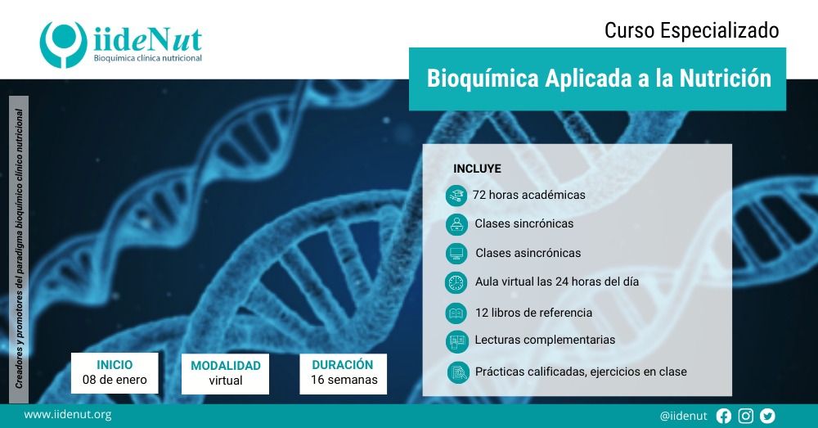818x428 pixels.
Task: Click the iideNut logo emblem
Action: tap(64, 44)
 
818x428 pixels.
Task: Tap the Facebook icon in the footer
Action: tap(724, 416)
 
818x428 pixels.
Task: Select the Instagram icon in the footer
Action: tap(745, 416)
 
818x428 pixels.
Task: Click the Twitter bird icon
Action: tap(767, 416)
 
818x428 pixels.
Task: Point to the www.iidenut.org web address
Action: tap(68, 415)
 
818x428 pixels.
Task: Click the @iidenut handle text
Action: tap(683, 416)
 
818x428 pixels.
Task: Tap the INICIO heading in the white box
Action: tap(115, 365)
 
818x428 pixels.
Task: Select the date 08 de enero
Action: tap(115, 380)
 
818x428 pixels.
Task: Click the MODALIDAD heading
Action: tap(226, 365)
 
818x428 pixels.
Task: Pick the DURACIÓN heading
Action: tap(343, 365)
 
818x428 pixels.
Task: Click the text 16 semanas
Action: tap(344, 380)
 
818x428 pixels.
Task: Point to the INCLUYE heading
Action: tap(477, 169)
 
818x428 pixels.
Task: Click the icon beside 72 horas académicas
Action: tap(456, 196)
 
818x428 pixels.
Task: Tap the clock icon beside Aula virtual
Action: tap(456, 282)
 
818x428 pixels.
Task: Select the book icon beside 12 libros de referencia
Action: tap(456, 313)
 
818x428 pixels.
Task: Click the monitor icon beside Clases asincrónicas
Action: tap(456, 254)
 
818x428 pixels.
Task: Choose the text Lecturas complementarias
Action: tap(545, 340)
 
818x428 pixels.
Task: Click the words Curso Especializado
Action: tap(692, 30)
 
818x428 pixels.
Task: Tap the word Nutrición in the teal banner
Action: tap(725, 78)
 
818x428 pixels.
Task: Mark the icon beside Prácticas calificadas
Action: tap(458, 372)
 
